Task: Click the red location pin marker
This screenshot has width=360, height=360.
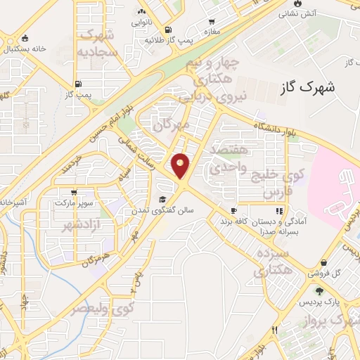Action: [181, 166]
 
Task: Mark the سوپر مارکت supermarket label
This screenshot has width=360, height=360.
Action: [74, 202]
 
